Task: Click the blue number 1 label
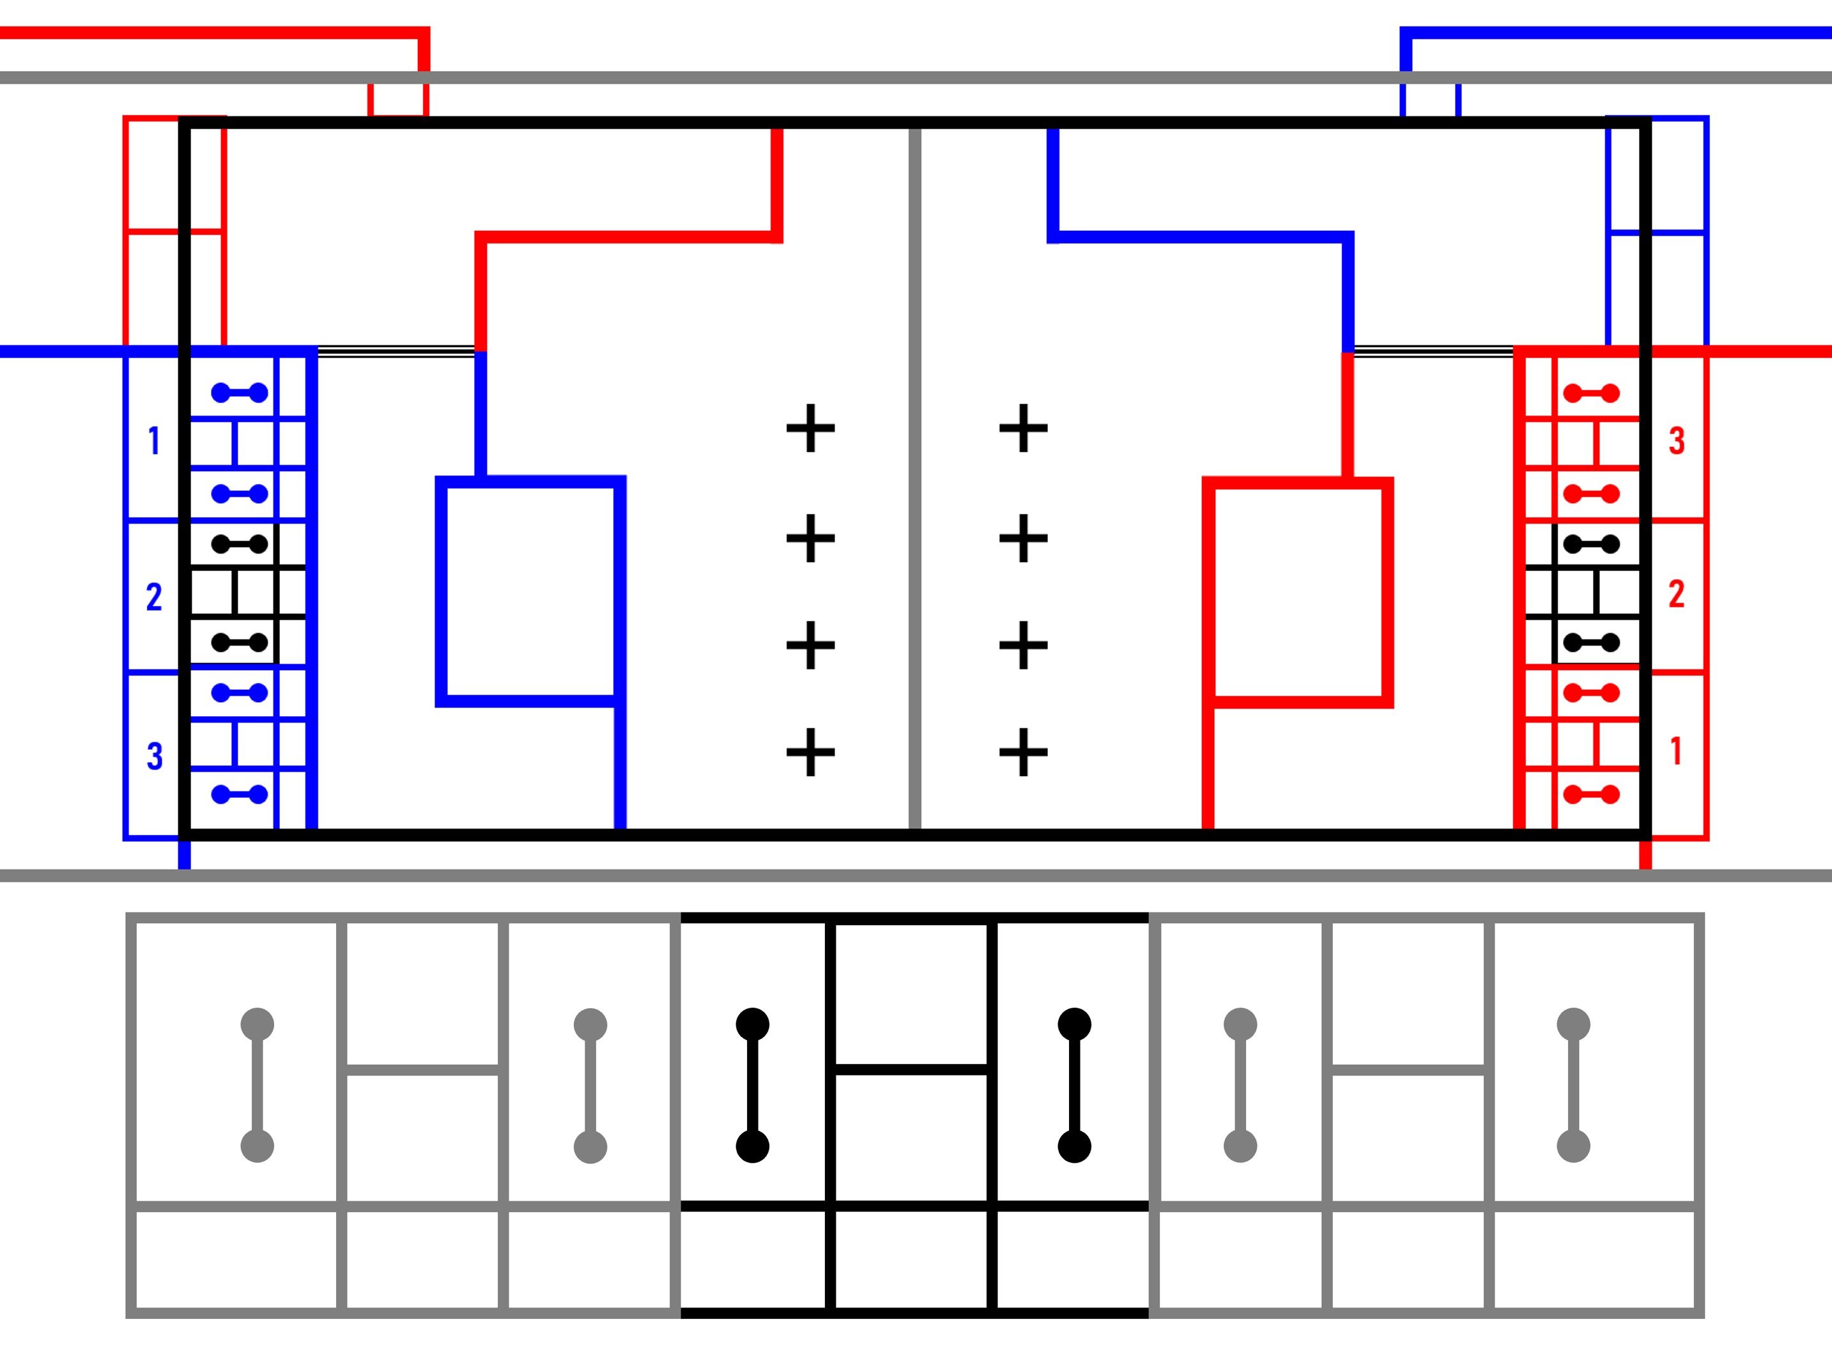(153, 441)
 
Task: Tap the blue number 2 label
(153, 597)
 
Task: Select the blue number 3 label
(155, 756)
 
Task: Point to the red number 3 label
(1677, 441)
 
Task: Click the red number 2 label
(1677, 593)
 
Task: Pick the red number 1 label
(1677, 751)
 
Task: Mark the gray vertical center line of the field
(915, 478)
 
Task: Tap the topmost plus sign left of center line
(811, 428)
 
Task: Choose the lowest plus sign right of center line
(1024, 752)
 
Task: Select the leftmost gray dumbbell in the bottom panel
(257, 1085)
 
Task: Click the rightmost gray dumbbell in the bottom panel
(1573, 1085)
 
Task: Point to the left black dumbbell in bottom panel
(753, 1085)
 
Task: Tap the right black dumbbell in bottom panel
(1075, 1085)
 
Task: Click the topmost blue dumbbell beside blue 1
(240, 393)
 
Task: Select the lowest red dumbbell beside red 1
(1591, 795)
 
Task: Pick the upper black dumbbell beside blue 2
(240, 544)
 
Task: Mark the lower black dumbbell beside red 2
(1591, 642)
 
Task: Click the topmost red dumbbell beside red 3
(1591, 393)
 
